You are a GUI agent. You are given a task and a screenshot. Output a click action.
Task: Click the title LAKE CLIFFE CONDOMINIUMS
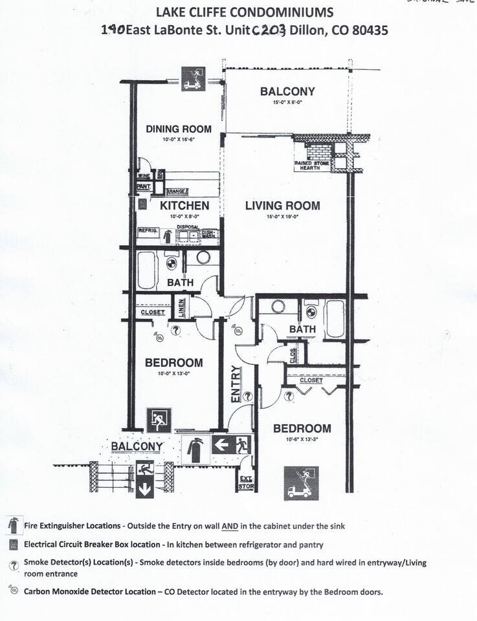(245, 12)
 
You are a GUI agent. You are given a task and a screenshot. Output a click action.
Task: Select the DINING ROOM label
(179, 129)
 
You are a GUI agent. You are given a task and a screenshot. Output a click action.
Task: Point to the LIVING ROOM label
(282, 206)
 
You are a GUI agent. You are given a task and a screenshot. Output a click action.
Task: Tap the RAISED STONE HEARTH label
(312, 166)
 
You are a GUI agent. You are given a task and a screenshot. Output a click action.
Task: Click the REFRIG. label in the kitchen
(148, 230)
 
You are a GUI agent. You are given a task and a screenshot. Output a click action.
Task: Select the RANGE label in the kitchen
(177, 191)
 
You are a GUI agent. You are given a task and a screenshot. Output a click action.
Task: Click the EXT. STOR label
(245, 482)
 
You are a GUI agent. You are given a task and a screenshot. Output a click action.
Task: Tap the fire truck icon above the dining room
(194, 78)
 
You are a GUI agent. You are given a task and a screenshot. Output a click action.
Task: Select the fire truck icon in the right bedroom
(301, 483)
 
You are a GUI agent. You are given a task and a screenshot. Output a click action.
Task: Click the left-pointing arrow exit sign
(231, 445)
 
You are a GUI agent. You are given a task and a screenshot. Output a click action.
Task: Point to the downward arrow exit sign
(144, 479)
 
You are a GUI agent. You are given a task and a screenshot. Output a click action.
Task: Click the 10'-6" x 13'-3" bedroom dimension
(302, 439)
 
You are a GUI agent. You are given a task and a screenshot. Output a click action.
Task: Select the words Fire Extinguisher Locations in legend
(72, 526)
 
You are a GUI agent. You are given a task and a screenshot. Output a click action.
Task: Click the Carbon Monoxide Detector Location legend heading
(99, 591)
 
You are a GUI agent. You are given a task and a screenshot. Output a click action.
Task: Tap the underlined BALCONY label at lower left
(137, 446)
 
